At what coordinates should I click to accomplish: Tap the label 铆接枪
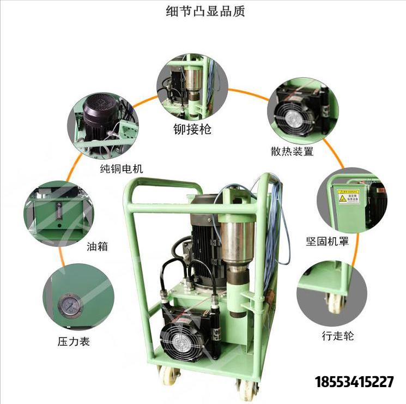(x=189, y=129)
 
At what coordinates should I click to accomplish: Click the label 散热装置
(x=292, y=152)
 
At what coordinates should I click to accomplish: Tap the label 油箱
(x=98, y=246)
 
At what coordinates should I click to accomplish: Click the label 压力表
(x=74, y=342)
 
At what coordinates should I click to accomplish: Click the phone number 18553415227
(x=354, y=382)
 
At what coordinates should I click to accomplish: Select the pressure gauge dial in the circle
(x=69, y=305)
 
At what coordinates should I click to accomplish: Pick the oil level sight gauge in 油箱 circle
(x=59, y=211)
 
